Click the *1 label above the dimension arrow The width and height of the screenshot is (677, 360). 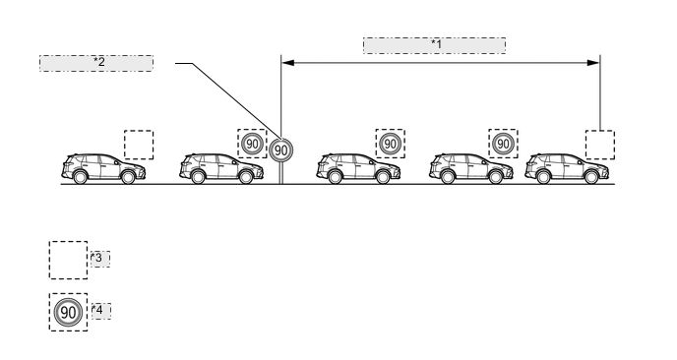click(434, 44)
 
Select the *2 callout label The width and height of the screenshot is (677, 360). click(96, 62)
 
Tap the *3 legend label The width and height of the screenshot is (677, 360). click(99, 258)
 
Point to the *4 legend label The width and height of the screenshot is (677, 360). click(99, 311)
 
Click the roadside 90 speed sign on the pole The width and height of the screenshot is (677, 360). click(281, 150)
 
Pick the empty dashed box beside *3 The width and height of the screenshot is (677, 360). click(68, 260)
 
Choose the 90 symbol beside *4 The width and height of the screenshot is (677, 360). click(68, 313)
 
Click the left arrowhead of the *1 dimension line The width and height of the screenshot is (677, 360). click(287, 62)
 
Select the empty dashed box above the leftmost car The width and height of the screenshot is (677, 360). click(138, 145)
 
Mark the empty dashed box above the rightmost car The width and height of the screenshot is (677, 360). click(599, 145)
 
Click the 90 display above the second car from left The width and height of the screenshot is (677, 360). click(252, 144)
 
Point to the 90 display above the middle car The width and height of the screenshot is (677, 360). click(390, 144)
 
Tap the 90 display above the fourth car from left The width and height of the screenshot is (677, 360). click(503, 144)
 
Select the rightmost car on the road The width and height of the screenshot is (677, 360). click(564, 169)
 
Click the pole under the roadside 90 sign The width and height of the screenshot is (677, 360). click(281, 173)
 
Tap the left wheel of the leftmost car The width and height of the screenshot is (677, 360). click(80, 177)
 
